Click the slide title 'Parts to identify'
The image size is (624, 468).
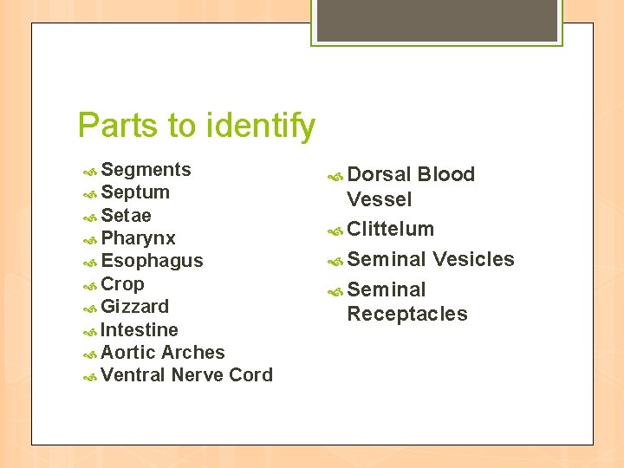coord(197,126)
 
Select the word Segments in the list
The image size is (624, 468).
coord(146,170)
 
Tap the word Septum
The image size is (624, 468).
coord(135,192)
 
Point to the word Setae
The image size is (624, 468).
coord(126,215)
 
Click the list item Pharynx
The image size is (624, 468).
coord(138,238)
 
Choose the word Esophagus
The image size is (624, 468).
coord(152,261)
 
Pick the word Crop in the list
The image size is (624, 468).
coord(122,283)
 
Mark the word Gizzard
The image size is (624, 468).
coord(134,307)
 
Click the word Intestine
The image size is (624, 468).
coord(140,330)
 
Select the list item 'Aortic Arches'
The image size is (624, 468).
coord(163,353)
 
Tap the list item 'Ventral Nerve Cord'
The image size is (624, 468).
coord(186,375)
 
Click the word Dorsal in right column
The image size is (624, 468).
coord(379,174)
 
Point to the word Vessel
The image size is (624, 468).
coord(379,199)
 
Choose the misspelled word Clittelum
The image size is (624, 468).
coord(390,229)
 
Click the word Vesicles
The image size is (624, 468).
coord(473,259)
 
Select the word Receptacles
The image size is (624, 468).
coord(406,314)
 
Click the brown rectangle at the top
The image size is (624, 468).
coord(437,20)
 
